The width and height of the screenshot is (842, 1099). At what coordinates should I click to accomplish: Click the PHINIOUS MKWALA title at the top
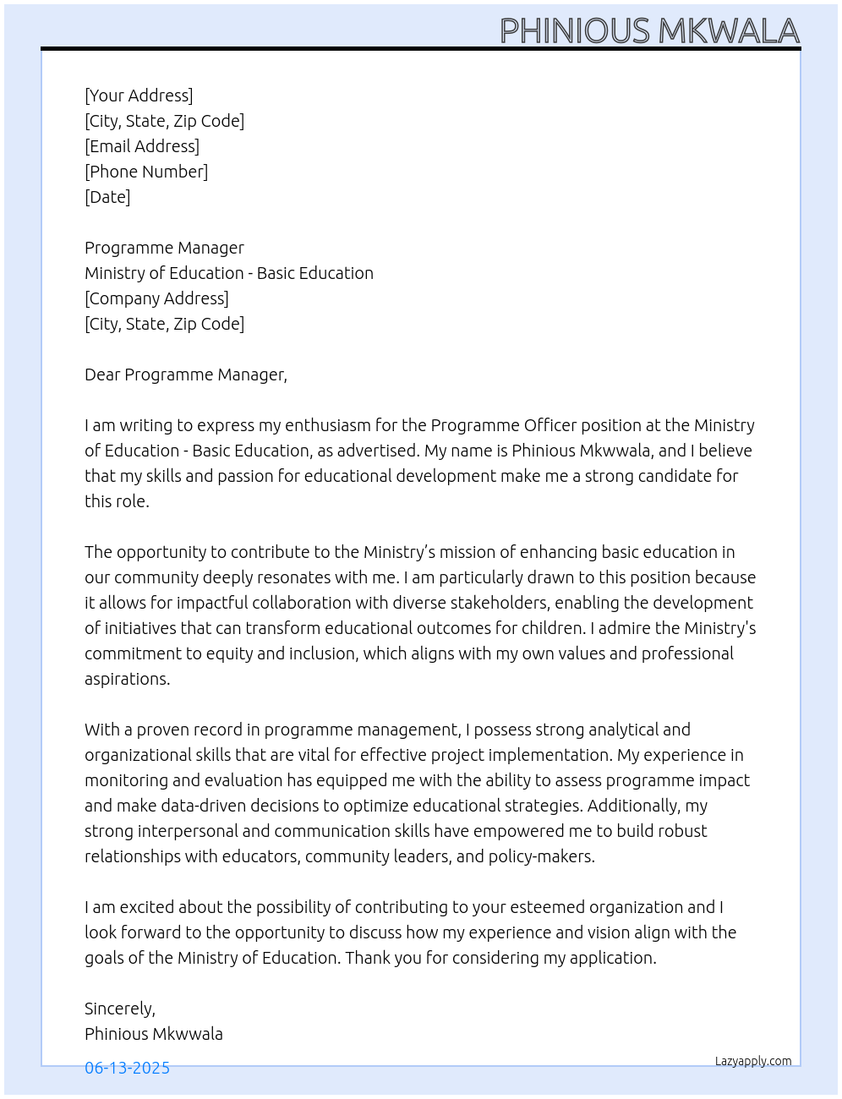point(649,31)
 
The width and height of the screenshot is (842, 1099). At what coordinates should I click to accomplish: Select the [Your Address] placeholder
point(139,96)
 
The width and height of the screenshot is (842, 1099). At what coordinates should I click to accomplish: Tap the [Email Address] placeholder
point(142,146)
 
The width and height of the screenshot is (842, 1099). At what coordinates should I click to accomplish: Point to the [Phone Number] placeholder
point(146,172)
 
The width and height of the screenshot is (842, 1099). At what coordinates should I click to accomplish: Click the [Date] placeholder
point(107,197)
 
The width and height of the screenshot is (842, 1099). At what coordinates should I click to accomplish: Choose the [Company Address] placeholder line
point(156,298)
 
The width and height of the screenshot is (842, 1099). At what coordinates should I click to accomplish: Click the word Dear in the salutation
point(102,375)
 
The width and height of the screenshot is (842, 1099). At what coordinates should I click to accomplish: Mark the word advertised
point(377,451)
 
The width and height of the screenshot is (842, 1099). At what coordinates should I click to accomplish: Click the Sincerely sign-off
point(119,1009)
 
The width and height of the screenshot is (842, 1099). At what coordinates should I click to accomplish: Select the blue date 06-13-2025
point(127,1068)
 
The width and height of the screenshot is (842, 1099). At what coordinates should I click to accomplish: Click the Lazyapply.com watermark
point(753,1061)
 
